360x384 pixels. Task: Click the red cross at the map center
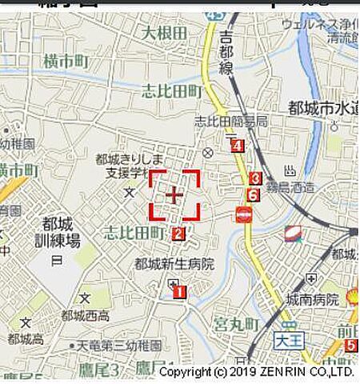click(174, 194)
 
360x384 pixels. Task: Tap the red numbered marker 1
click(179, 292)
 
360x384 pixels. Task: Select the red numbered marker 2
click(178, 234)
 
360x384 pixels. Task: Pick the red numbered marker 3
click(255, 179)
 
